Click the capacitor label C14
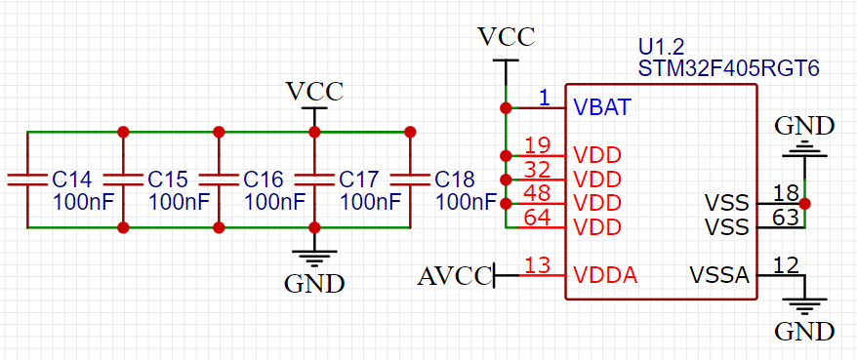(71, 180)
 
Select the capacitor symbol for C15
(123, 180)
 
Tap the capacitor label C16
(263, 180)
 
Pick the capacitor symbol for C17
(314, 180)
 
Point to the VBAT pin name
(601, 106)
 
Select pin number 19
(538, 145)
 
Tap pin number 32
(538, 170)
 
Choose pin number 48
(538, 193)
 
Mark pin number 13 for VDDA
(538, 264)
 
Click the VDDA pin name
(605, 275)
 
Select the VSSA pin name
(719, 275)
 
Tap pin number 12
(785, 264)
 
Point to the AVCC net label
(454, 276)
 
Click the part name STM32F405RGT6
(727, 69)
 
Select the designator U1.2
(661, 47)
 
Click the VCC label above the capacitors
(314, 92)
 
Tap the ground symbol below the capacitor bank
(314, 259)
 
